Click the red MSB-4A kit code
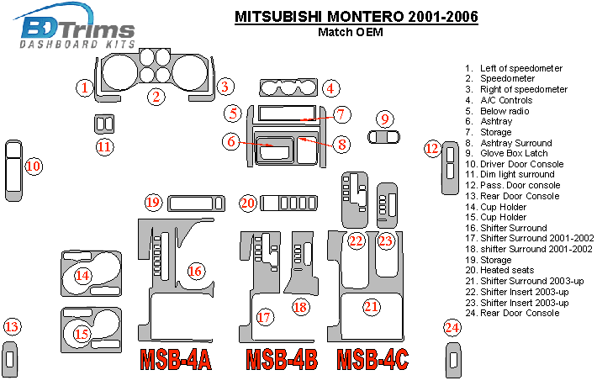pyautogui.click(x=175, y=359)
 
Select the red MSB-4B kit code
pyautogui.click(x=282, y=359)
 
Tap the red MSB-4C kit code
pyautogui.click(x=373, y=359)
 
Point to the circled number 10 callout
pyautogui.click(x=33, y=166)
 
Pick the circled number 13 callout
pyautogui.click(x=11, y=327)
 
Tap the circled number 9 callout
pyautogui.click(x=385, y=119)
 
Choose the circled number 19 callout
pyautogui.click(x=152, y=203)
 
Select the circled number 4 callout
pyautogui.click(x=331, y=87)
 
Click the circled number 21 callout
pyautogui.click(x=371, y=307)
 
